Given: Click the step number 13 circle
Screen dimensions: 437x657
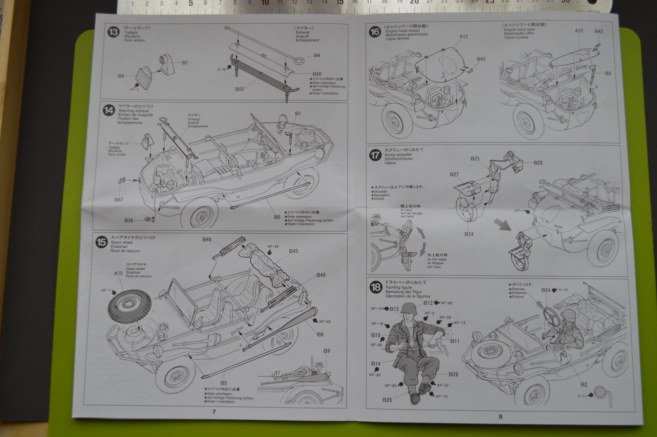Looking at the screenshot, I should pos(113,32).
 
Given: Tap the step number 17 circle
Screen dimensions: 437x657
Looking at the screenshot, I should pos(375,155).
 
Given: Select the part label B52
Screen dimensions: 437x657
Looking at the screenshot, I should pos(240,89).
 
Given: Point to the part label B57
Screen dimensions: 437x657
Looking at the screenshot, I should pos(119,200).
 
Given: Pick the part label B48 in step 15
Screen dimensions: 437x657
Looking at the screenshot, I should pos(207,239).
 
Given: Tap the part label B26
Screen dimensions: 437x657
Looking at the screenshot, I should pos(538,163).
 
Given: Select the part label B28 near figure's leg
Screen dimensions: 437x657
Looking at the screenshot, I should pos(453,374).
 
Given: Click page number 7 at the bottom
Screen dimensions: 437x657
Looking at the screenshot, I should pos(214,412).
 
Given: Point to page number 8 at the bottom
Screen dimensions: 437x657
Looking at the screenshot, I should pos(500,416).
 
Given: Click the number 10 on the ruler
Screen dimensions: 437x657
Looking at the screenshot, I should pos(265,3).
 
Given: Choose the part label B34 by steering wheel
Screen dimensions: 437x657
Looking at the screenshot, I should pos(545,290).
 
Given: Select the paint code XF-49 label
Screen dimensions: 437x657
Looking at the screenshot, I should pos(273,247).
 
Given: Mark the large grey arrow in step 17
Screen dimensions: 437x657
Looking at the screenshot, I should pos(502,225).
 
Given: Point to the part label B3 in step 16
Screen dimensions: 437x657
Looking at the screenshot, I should pos(608,74).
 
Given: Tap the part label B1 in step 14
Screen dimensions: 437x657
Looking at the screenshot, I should pos(298,113).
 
